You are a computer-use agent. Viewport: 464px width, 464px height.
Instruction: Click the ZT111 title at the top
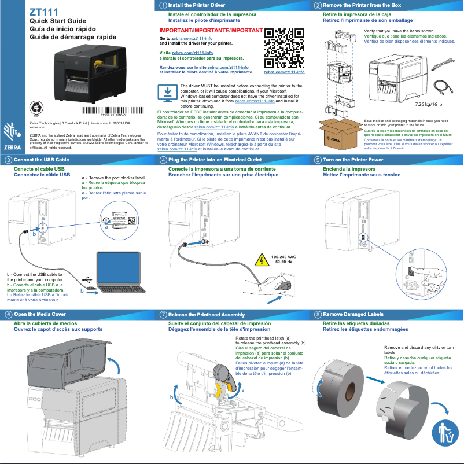(x=43, y=11)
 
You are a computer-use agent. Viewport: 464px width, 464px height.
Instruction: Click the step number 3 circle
(x=8, y=159)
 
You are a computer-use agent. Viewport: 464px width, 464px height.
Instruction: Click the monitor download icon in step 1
(x=168, y=94)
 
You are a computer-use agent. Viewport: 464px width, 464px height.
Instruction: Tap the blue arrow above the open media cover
(x=117, y=366)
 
